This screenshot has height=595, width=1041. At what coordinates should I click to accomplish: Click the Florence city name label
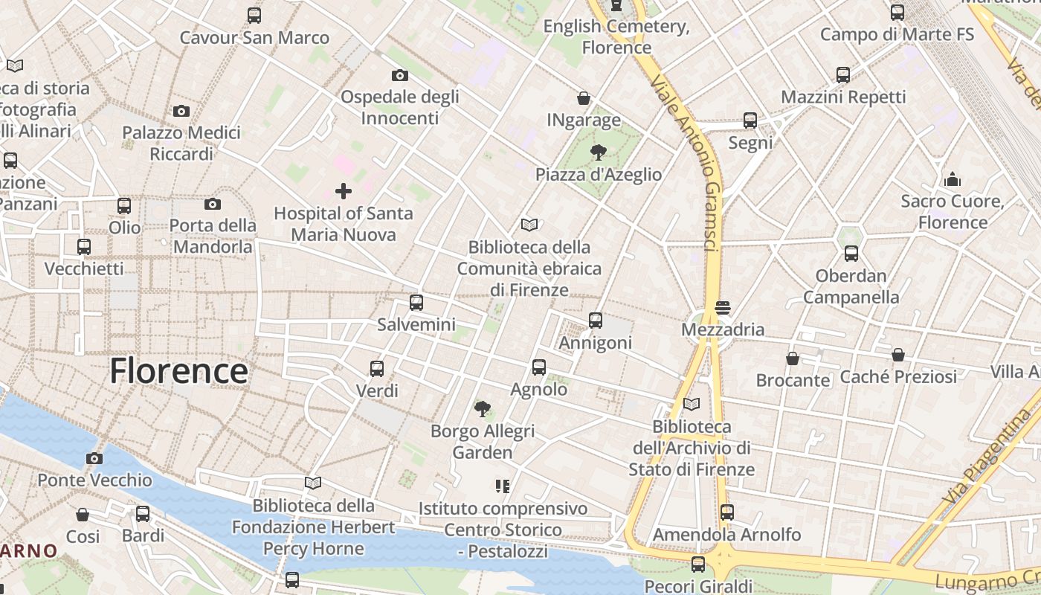coord(178,371)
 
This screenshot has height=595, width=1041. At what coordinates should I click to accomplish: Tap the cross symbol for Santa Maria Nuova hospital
coord(343,191)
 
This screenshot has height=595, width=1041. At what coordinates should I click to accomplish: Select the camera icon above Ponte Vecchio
coord(94,458)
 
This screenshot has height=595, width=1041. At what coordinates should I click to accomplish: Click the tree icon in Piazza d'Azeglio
coord(598,152)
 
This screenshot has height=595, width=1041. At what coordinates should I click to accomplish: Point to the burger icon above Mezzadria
coord(722,307)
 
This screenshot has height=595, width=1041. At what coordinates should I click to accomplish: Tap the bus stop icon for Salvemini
coord(416,303)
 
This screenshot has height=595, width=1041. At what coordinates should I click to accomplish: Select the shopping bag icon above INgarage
coord(584,98)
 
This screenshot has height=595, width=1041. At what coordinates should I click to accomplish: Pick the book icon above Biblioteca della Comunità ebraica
coord(529,225)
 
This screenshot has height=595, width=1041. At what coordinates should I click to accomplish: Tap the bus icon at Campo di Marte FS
coord(897,13)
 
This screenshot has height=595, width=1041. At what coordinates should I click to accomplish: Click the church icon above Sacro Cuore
coord(953,179)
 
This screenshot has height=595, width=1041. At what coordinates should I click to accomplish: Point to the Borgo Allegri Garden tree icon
coord(483,408)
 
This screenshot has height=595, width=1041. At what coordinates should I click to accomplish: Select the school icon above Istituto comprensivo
coord(503,486)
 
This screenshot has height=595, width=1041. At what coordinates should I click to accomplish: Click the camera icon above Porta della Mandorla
coord(213,204)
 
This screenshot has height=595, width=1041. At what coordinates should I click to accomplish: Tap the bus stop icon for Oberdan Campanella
coord(851,254)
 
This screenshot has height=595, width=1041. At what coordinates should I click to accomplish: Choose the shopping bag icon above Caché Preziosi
coord(898,355)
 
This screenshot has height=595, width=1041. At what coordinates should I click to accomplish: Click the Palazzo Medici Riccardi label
coord(181,144)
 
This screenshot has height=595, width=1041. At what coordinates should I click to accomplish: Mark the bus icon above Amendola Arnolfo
coord(727,512)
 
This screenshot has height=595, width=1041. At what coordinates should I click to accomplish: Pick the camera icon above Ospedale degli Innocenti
coord(400,75)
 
